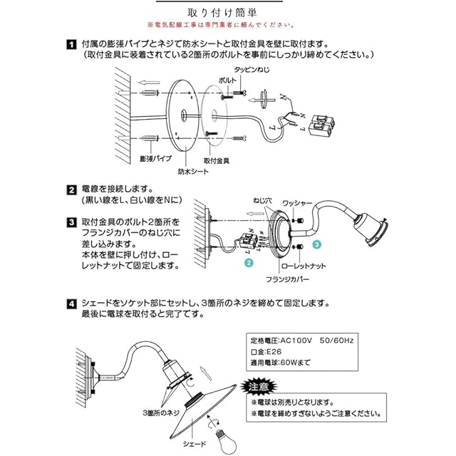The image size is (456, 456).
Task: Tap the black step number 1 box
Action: (x=71, y=44)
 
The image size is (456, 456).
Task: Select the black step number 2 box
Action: (x=71, y=190)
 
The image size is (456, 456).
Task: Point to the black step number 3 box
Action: (x=71, y=223)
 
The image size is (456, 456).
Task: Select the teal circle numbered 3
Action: (x=317, y=244)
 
